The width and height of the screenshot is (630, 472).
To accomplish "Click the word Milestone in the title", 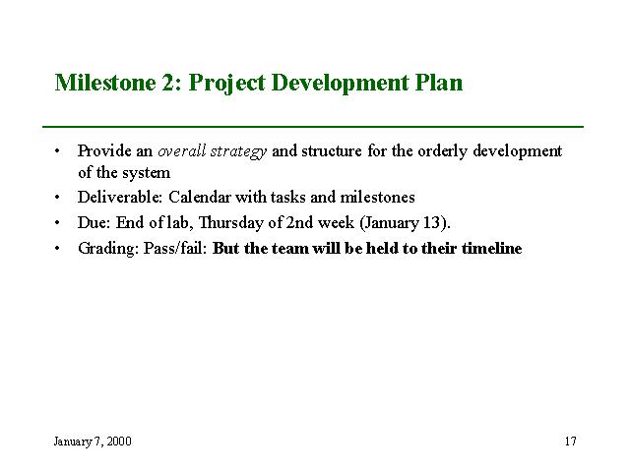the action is click(105, 83).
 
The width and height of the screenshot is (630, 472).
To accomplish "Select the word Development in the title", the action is click(341, 84).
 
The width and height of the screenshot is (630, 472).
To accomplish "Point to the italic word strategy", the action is click(238, 151).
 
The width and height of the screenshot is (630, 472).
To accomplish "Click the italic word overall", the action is click(181, 150).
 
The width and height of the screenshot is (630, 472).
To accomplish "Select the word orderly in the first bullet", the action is click(442, 151).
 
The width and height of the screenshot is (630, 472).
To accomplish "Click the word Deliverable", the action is click(120, 197).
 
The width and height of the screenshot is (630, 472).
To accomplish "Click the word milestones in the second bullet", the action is click(377, 197).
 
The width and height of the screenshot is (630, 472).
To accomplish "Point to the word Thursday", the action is click(231, 223).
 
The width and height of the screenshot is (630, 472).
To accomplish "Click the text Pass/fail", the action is click(175, 249).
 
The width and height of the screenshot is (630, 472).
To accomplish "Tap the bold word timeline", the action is click(492, 249).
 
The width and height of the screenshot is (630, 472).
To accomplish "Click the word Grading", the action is click(108, 249).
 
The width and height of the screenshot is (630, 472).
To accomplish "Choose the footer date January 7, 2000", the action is click(93, 442).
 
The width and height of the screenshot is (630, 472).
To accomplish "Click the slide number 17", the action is click(571, 442).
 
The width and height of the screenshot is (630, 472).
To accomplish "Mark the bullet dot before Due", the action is click(57, 223).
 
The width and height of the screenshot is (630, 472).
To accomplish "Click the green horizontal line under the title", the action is click(313, 127).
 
